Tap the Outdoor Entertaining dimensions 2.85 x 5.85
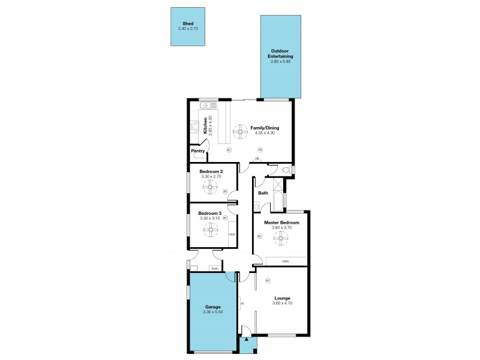click(x=280, y=61)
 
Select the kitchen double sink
click(x=206, y=105)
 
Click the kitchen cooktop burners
click(x=194, y=127)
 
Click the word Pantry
click(x=198, y=151)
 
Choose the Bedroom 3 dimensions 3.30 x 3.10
click(x=211, y=218)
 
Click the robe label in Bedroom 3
click(x=231, y=235)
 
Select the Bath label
click(x=263, y=193)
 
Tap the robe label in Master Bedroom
click(x=285, y=262)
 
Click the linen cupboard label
click(x=214, y=268)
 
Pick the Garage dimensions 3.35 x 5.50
click(x=213, y=313)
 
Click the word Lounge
click(x=283, y=298)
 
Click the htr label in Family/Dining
click(x=257, y=158)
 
